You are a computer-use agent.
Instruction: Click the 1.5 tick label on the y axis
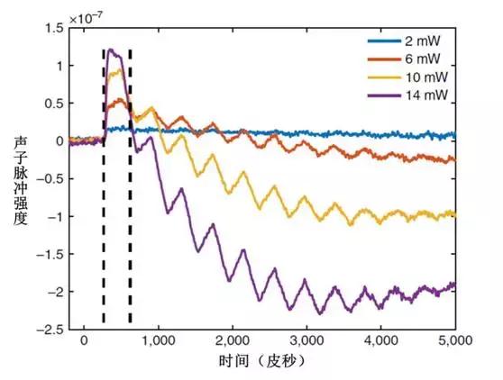[53, 29]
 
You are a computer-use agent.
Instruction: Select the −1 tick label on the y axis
[53, 217]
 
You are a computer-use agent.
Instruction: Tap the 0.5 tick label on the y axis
[53, 104]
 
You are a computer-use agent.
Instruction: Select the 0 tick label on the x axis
[84, 342]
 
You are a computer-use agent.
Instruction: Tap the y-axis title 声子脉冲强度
[20, 180]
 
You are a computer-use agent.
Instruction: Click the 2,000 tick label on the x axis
[232, 342]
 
